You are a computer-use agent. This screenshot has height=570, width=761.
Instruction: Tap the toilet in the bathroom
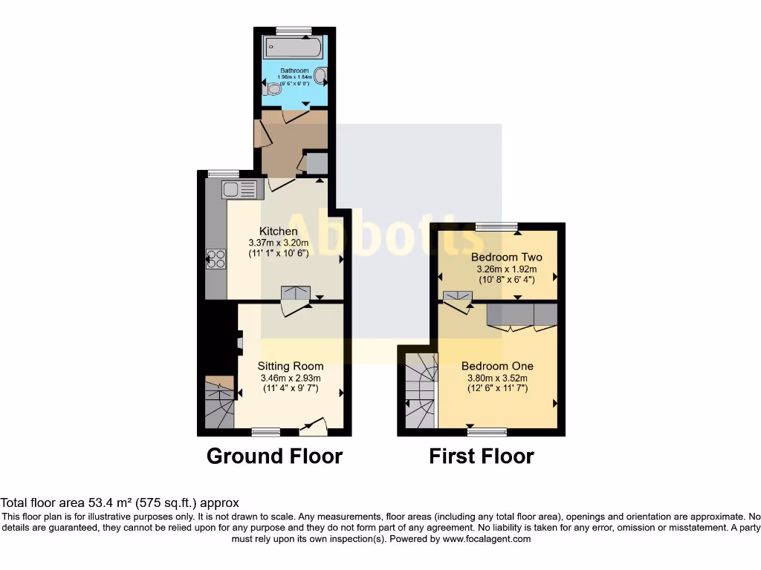[273, 89]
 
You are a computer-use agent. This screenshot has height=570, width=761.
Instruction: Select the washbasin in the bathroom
[321, 76]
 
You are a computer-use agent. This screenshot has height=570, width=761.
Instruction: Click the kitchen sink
[239, 189]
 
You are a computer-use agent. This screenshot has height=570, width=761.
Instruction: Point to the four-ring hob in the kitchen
[216, 259]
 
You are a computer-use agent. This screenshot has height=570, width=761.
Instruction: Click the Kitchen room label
[278, 232]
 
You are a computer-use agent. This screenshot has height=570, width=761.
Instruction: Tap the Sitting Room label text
[291, 366]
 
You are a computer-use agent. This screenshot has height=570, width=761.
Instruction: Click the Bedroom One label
[497, 366]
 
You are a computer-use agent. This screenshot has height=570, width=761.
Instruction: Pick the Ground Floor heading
[274, 456]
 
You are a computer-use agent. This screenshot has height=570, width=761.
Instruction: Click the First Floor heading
[482, 456]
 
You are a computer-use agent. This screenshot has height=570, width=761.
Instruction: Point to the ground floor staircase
[218, 403]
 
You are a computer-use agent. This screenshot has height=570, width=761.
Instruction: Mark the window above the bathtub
[293, 30]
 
